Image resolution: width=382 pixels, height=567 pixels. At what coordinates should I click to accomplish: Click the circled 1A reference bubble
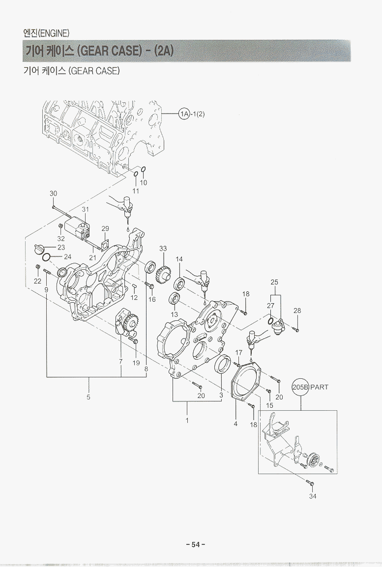pos(184,114)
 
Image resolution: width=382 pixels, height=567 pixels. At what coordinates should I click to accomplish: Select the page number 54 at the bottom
pos(196,544)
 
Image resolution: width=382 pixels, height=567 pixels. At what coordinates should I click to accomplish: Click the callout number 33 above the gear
pos(163,249)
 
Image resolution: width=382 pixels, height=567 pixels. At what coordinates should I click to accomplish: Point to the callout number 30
pos(54,193)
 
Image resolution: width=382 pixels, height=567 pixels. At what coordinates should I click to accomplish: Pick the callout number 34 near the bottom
pos(313,496)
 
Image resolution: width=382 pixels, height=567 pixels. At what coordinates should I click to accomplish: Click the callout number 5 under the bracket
pos(88,397)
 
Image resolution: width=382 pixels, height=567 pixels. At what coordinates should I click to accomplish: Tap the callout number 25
pos(274,282)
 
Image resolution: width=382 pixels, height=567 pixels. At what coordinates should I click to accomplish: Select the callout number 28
pos(297,311)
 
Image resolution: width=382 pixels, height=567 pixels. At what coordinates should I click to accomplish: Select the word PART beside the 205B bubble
pos(319,387)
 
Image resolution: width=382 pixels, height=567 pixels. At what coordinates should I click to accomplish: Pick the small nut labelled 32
pos(60,227)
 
